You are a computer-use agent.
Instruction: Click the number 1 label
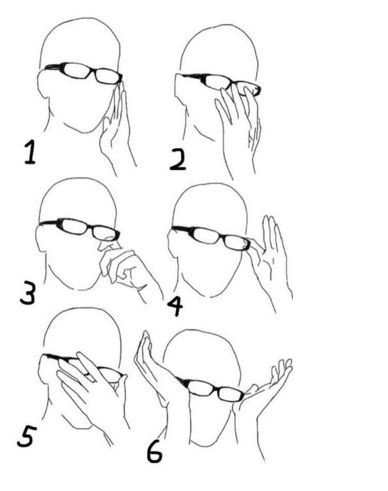pos(30,152)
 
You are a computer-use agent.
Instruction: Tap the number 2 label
pos(178,159)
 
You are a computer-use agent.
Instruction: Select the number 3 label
pos(28,293)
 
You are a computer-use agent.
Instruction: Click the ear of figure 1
pos(42,84)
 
